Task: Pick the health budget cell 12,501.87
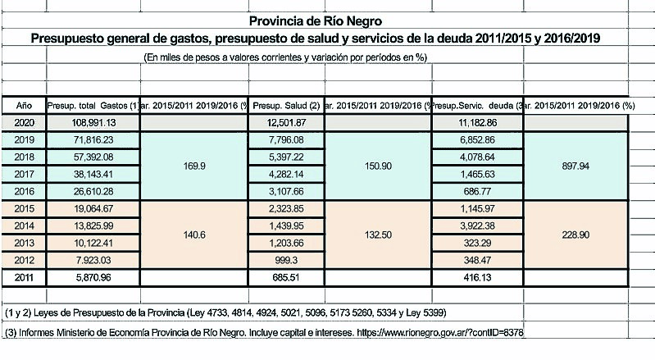tap(280, 122)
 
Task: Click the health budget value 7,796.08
tap(280, 139)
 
